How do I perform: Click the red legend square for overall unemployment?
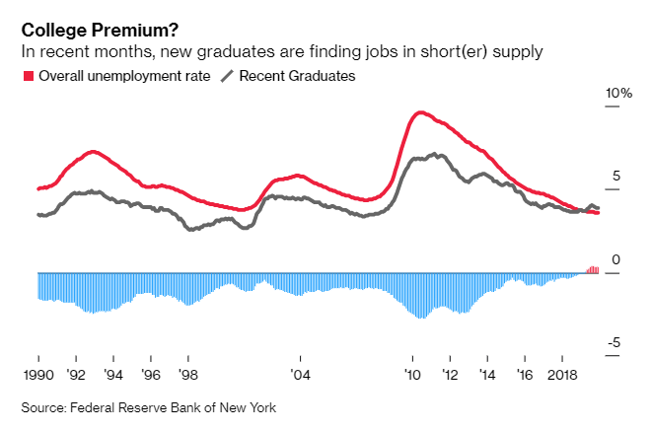(28, 76)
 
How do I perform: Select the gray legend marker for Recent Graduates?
(228, 76)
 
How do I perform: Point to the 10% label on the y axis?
(618, 93)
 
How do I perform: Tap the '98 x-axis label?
(188, 375)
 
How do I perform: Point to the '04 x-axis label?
(300, 375)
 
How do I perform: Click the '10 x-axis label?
(413, 375)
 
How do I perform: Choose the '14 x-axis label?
(488, 375)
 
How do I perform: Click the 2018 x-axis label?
(562, 375)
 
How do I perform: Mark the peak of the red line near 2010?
(422, 112)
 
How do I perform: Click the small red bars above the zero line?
(593, 269)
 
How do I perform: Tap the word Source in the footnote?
(44, 407)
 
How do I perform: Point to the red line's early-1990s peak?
(92, 151)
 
